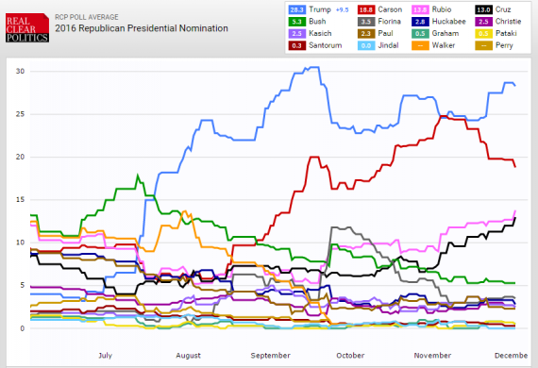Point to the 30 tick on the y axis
[20, 72]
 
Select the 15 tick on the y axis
[20, 200]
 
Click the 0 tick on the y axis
[22, 327]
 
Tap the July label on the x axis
[105, 355]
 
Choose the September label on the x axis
[271, 355]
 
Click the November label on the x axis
[432, 355]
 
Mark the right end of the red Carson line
[515, 167]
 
